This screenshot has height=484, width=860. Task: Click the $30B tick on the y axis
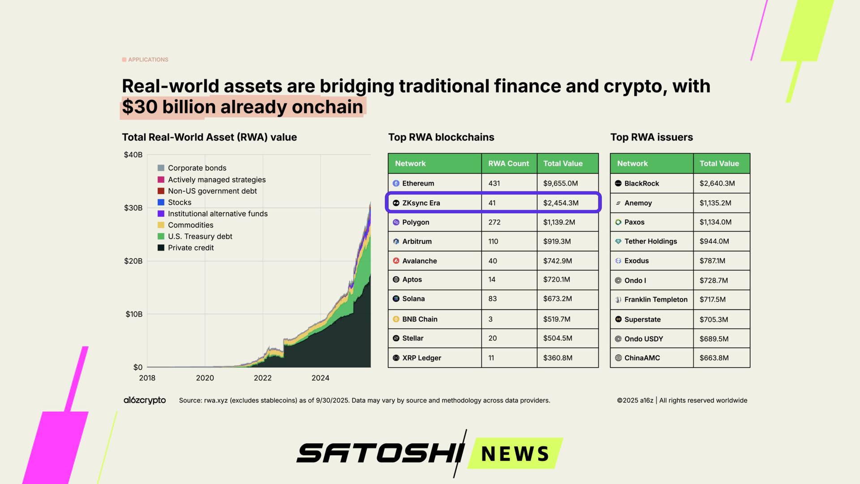133,208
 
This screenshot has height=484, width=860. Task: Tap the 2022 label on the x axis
262,378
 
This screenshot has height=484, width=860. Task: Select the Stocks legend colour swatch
161,202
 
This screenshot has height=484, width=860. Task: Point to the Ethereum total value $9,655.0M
560,183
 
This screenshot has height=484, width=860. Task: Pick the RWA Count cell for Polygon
494,222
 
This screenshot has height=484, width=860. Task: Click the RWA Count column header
508,164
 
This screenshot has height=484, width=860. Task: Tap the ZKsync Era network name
421,203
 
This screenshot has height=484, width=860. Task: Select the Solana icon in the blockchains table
396,298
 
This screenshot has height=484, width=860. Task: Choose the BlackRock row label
641,183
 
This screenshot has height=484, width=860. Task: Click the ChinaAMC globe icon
618,358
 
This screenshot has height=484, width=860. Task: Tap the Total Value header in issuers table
719,164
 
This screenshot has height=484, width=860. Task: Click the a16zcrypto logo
145,400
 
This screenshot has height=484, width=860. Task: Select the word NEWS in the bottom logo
515,454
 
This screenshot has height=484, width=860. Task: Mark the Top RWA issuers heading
651,137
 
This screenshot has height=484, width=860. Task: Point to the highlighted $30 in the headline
139,107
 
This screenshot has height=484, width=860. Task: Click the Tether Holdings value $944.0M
714,241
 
